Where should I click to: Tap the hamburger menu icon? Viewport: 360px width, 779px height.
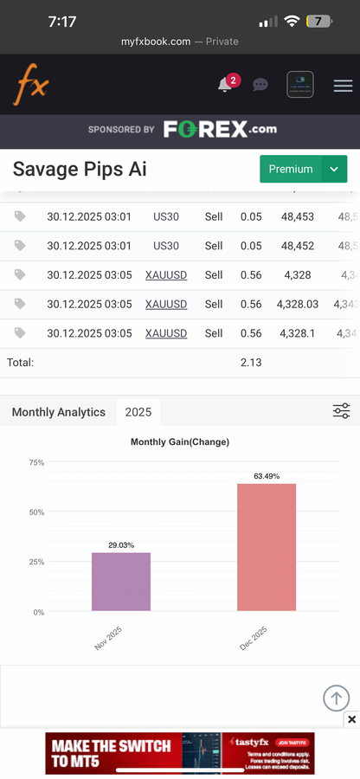click(343, 85)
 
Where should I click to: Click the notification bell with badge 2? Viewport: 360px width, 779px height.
click(226, 84)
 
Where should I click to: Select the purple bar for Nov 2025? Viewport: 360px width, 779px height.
click(121, 582)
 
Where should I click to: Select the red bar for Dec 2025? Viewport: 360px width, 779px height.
click(267, 547)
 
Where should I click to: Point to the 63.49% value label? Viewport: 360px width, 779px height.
click(267, 476)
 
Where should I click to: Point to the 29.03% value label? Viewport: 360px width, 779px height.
click(121, 545)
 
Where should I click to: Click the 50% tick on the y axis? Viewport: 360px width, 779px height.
click(36, 512)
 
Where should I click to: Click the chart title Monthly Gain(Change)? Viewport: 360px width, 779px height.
click(180, 442)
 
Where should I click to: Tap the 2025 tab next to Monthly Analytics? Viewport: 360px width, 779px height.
click(138, 412)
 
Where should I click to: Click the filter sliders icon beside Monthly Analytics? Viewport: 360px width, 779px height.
click(341, 411)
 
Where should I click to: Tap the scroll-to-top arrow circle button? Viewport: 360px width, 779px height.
click(336, 698)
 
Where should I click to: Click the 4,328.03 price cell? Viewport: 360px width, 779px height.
click(298, 304)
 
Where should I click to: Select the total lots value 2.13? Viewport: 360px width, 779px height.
click(251, 363)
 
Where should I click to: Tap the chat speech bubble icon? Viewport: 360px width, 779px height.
click(260, 85)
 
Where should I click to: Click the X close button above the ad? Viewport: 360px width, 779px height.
click(351, 719)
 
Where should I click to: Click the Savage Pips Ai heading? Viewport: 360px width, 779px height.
click(80, 169)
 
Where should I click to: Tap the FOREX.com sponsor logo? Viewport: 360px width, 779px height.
click(220, 130)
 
